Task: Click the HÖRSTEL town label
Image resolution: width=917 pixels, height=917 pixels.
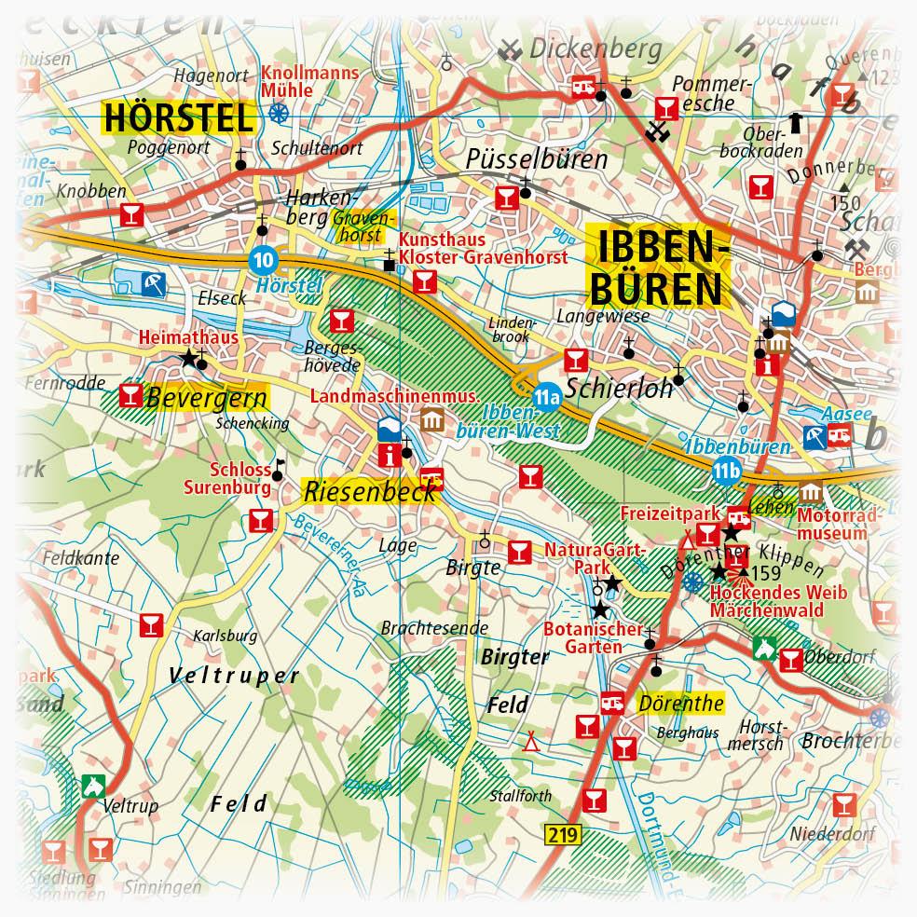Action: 177,118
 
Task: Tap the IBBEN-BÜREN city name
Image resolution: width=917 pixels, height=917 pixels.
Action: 657,267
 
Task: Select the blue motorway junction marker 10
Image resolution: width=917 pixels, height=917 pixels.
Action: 265,259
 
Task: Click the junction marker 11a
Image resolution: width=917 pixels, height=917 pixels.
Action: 545,398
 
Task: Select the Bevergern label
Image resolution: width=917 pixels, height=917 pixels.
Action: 205,398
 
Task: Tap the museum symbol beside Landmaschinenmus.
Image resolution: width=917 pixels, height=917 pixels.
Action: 431,419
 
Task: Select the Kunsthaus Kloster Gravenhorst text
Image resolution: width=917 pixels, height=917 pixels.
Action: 482,249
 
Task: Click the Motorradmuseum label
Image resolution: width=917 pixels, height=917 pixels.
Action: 832,524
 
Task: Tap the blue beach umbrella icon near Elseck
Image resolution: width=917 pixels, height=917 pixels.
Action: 149,281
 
